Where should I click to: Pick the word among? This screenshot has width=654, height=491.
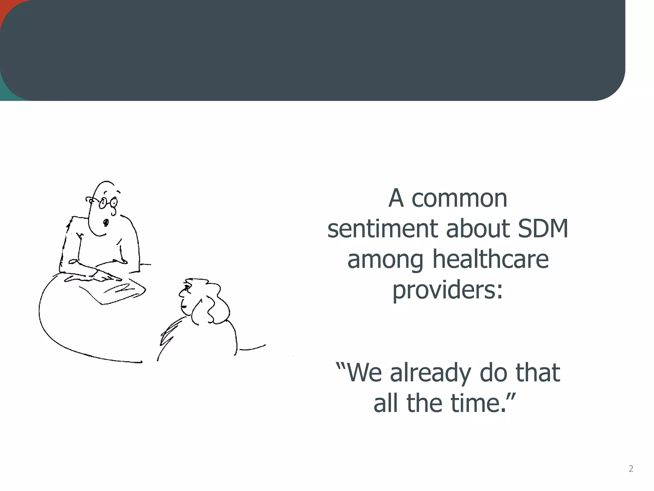(385, 260)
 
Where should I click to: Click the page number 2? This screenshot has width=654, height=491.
(631, 469)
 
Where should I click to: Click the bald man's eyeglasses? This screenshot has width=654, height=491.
(107, 202)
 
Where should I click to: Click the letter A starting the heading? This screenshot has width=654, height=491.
(396, 199)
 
